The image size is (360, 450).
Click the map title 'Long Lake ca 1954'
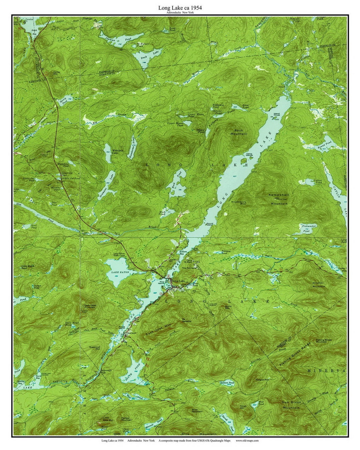(180, 7)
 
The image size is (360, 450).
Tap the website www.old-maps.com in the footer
(247, 440)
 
